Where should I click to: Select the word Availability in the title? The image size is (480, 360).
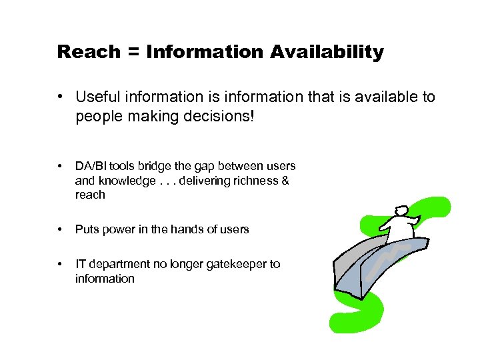tap(327, 52)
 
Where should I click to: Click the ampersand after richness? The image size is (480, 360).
tap(285, 181)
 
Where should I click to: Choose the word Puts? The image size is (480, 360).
tap(86, 229)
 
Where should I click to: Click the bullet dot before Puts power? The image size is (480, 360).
tap(61, 229)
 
